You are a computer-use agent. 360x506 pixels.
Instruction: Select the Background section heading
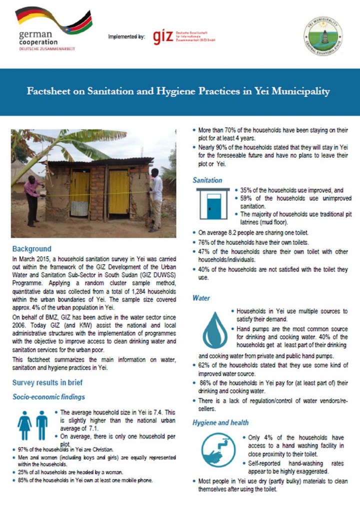[31, 249]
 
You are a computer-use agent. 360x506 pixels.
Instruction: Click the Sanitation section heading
[207, 180]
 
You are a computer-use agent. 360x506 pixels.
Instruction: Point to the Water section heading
[201, 298]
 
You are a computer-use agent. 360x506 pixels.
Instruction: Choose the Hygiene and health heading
[220, 423]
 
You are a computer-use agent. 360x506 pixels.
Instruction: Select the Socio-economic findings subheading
[49, 397]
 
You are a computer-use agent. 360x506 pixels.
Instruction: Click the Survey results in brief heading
[47, 383]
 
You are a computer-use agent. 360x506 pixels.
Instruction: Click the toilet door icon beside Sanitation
[213, 204]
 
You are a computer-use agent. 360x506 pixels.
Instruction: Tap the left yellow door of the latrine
[79, 193]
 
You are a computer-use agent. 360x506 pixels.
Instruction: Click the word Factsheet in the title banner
[47, 91]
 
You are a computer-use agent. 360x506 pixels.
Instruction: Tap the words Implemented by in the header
[126, 36]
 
